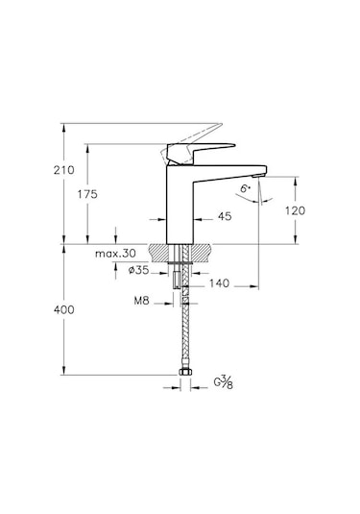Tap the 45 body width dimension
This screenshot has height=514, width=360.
[226, 216]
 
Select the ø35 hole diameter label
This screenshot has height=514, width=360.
[140, 272]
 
